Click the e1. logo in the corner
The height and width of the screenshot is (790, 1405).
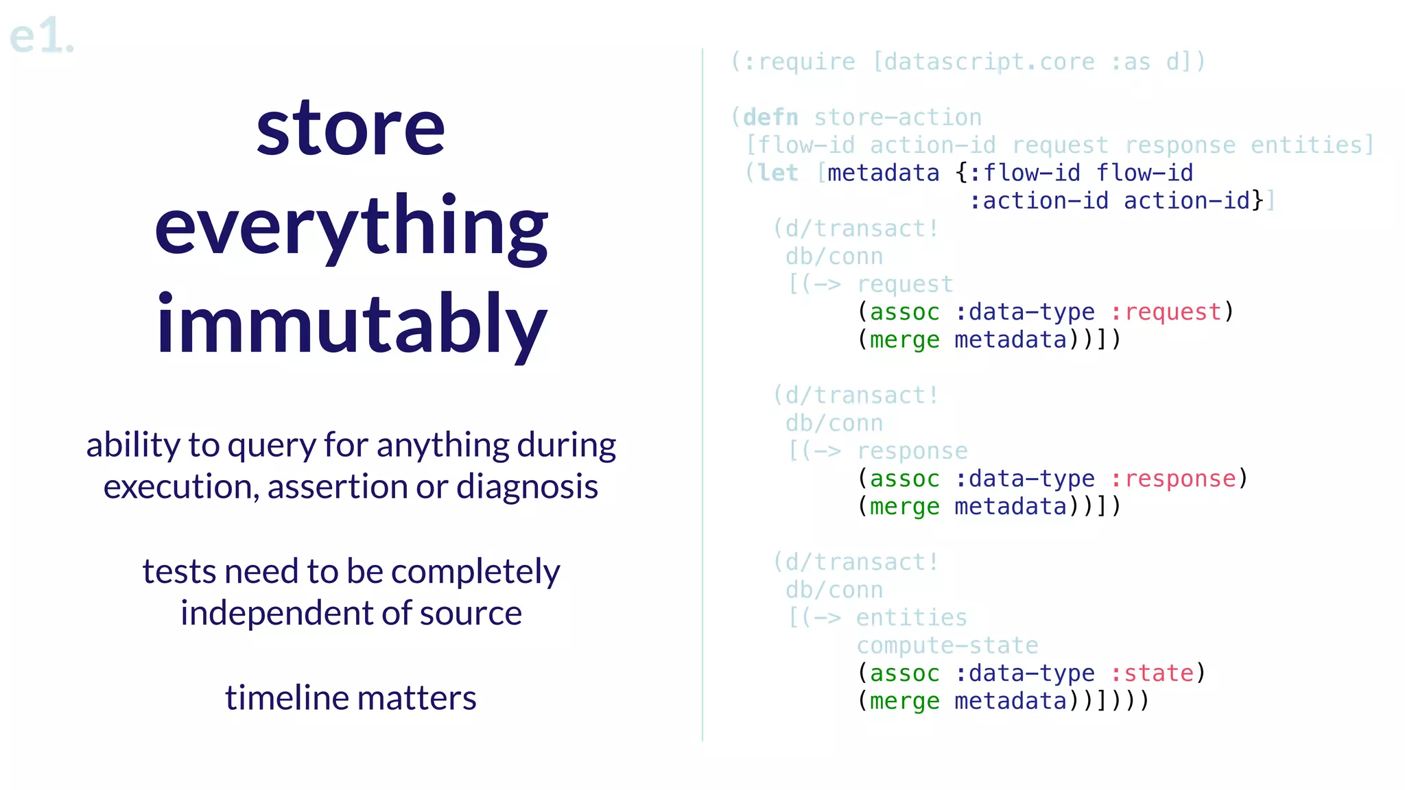[x=41, y=36]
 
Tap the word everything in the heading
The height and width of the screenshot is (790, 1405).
[x=351, y=228]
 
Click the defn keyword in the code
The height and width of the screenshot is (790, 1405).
[x=770, y=118]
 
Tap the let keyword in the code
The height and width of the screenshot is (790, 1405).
[x=778, y=173]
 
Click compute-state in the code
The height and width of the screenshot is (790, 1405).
[x=947, y=645]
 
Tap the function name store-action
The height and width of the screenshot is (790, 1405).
[x=897, y=118]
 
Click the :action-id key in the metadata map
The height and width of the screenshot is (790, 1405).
[x=1039, y=201]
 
